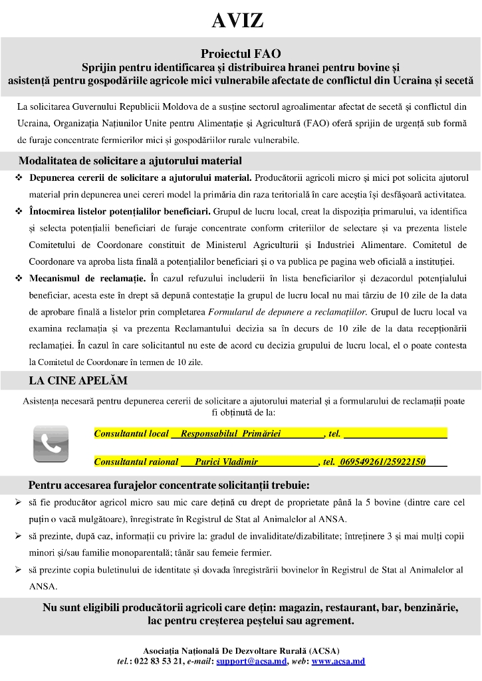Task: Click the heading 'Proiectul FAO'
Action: tap(241, 53)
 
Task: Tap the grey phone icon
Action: tap(51, 444)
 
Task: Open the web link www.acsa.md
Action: tap(338, 661)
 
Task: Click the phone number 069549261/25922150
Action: tap(382, 462)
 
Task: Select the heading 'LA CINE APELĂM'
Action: tap(78, 381)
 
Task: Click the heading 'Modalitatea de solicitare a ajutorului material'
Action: tap(130, 161)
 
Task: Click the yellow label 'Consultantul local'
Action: tap(132, 434)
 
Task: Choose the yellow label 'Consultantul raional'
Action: tap(136, 462)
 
